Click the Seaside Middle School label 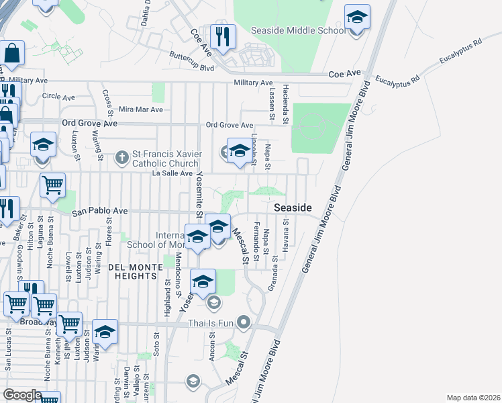(x=298, y=30)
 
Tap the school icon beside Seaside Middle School (x=358, y=19)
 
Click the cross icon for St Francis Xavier (x=121, y=159)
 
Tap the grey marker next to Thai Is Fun (x=244, y=324)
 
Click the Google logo (x=23, y=394)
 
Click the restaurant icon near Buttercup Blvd (x=222, y=38)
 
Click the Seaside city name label (x=293, y=208)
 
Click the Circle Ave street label (x=58, y=96)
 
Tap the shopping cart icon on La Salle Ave (x=52, y=185)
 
